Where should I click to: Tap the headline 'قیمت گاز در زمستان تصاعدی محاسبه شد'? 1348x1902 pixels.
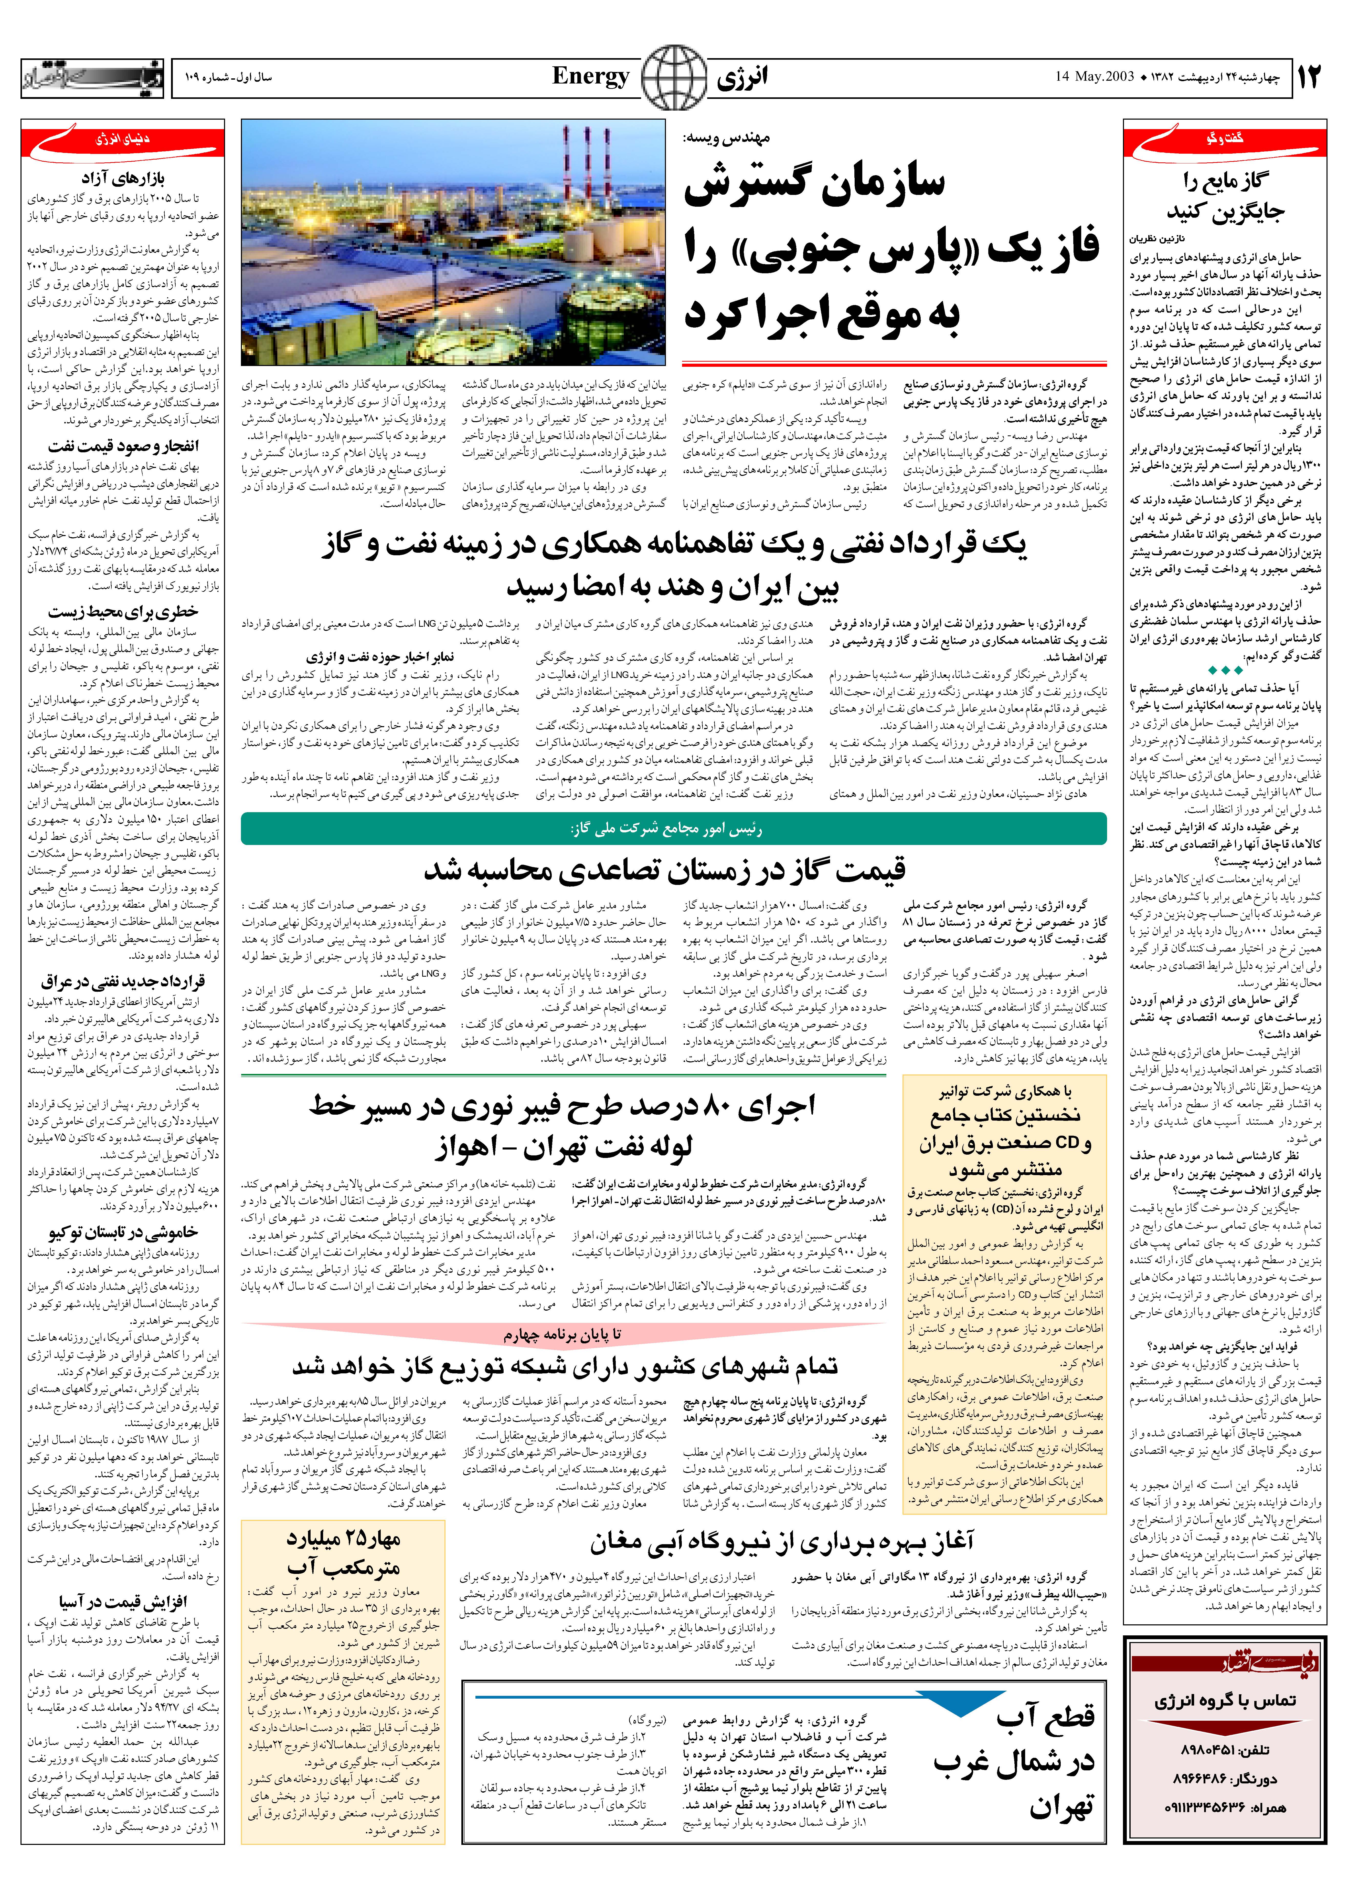(x=664, y=869)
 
